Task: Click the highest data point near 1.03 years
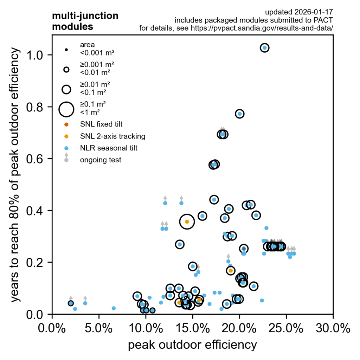pos(265,48)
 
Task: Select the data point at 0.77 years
pos(240,114)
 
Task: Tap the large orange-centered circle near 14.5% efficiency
pos(187,221)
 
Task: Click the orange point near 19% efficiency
pos(231,271)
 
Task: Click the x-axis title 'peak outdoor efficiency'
pos(192,345)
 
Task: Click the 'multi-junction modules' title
pos(85,21)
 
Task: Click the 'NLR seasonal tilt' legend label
pos(109,148)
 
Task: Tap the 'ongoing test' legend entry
pos(101,160)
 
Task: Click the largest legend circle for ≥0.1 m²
pos(66,109)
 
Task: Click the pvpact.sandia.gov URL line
pos(236,28)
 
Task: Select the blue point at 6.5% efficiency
pos(114,308)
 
